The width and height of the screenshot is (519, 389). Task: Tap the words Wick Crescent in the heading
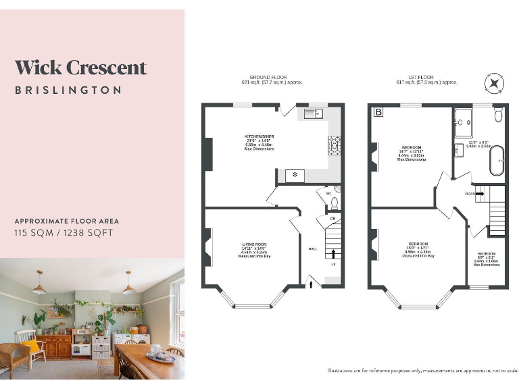[80, 68]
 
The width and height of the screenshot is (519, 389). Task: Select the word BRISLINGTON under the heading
[68, 90]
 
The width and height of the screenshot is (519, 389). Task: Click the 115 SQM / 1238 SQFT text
[64, 233]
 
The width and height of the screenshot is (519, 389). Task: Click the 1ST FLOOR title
[426, 77]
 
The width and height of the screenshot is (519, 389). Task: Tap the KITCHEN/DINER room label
[259, 136]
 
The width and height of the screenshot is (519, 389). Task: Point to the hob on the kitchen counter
[334, 143]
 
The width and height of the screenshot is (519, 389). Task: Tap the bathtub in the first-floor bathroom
[497, 160]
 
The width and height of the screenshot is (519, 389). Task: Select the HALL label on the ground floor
[312, 249]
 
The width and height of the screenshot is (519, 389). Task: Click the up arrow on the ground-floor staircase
[332, 254]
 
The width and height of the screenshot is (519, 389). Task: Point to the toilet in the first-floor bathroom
[498, 115]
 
